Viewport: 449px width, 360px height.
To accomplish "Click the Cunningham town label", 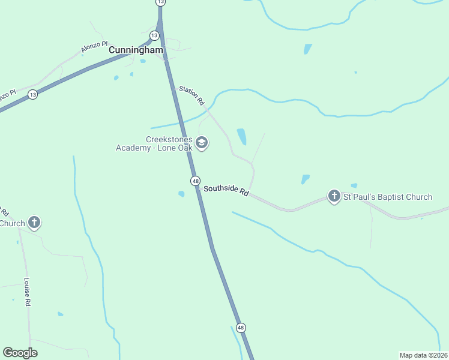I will (x=136, y=50).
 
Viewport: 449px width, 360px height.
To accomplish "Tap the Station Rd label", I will (x=192, y=96).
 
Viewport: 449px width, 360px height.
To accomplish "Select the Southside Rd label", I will (x=226, y=190).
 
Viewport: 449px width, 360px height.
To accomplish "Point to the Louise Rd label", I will (x=27, y=292).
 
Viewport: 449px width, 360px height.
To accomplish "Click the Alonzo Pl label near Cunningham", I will (x=94, y=47).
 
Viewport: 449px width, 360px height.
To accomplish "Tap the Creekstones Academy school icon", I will (x=202, y=143).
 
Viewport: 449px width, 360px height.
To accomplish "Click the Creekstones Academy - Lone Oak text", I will (x=154, y=143).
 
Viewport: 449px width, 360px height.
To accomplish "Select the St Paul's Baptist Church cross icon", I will (x=334, y=196).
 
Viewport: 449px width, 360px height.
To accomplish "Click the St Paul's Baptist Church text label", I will (x=387, y=197).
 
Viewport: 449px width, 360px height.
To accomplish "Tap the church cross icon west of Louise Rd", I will (x=35, y=223).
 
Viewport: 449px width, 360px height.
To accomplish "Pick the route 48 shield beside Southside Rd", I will (x=195, y=181).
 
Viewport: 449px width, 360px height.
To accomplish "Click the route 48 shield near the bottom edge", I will (x=241, y=328).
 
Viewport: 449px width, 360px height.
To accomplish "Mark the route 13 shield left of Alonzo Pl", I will (x=32, y=95).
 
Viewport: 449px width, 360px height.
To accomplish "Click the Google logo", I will (x=20, y=353).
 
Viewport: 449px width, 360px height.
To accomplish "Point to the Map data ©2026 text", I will (x=423, y=355).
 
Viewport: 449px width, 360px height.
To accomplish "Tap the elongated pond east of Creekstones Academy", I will (x=242, y=137).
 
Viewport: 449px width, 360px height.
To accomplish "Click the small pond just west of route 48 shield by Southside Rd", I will (x=181, y=193).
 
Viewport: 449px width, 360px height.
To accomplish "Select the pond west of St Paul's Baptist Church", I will (x=305, y=179).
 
